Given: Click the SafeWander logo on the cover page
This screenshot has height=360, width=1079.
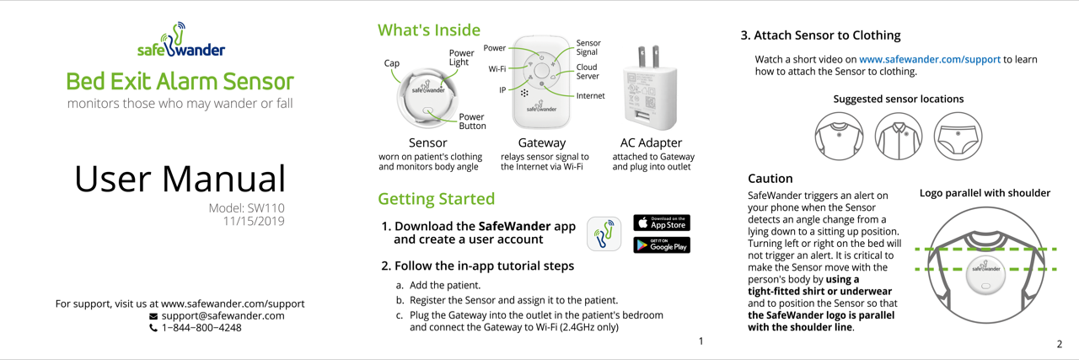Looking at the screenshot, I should [x=180, y=41].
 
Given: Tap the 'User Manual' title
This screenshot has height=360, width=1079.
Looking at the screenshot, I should [x=180, y=178].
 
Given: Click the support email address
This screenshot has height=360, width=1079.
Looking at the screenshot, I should [x=223, y=315].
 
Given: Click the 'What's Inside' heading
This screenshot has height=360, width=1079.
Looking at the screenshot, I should [x=429, y=30].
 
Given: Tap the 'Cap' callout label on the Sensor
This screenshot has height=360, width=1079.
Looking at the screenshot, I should [x=392, y=63].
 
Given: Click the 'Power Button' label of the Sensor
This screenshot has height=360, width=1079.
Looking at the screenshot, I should [x=472, y=121].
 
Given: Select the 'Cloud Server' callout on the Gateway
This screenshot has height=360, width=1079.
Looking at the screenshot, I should [x=588, y=72].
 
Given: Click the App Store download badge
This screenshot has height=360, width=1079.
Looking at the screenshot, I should [x=662, y=223].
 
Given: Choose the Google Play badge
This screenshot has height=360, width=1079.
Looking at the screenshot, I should [x=662, y=245].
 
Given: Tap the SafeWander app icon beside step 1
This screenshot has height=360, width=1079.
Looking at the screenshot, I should [x=604, y=234].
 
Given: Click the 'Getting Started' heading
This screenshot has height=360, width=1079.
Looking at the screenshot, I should [x=436, y=200].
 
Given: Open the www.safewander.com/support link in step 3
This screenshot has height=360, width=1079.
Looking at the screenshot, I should [x=929, y=60].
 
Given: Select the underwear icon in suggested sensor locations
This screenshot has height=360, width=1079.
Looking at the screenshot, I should [x=958, y=136].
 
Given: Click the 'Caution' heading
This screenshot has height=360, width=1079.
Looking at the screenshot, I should [x=770, y=179].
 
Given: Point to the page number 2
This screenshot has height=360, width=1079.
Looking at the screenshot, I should [x=1059, y=344].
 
